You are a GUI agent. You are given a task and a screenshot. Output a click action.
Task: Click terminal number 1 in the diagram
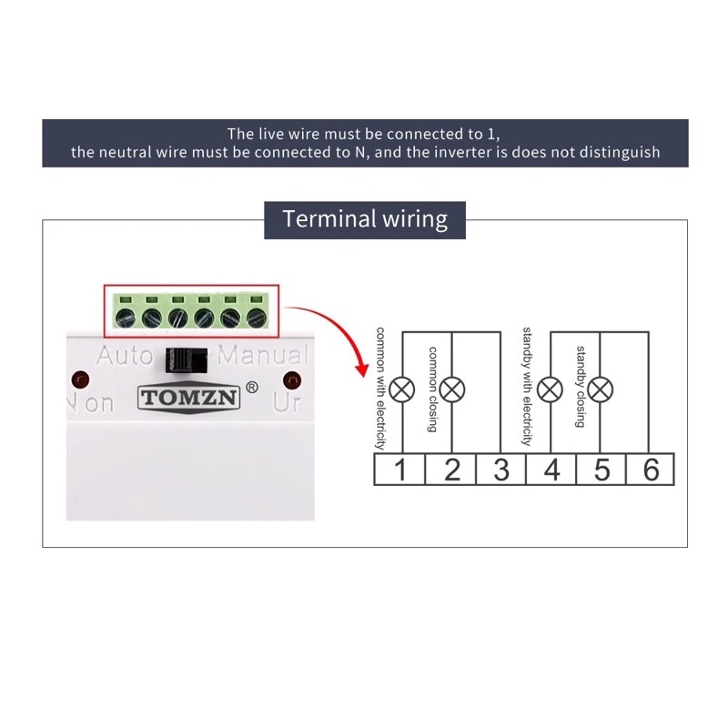400,470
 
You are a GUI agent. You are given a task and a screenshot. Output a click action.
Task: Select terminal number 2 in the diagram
451,470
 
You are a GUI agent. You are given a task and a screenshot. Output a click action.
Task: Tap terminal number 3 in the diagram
501,470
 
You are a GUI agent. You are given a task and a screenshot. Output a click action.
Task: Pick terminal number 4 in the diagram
551,470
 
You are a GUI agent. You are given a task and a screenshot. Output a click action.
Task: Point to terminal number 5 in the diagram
602,470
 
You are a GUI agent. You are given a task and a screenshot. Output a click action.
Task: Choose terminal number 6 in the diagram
651,470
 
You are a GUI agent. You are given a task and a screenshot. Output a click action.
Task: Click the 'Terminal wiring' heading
365,219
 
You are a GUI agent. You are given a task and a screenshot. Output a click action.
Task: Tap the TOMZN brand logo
187,398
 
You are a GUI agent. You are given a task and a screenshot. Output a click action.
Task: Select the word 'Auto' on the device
125,356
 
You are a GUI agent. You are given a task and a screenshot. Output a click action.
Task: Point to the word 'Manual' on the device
264,356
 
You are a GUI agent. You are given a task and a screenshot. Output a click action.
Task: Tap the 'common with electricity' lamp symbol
402,390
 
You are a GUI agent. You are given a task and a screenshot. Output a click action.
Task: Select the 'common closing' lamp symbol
452,390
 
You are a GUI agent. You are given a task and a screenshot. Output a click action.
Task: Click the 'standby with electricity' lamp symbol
550,390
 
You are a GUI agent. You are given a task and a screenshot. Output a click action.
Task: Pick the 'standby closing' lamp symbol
600,390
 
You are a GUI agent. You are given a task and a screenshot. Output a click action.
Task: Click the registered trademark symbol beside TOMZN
252,387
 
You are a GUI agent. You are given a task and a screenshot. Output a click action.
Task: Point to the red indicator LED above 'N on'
80,378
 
